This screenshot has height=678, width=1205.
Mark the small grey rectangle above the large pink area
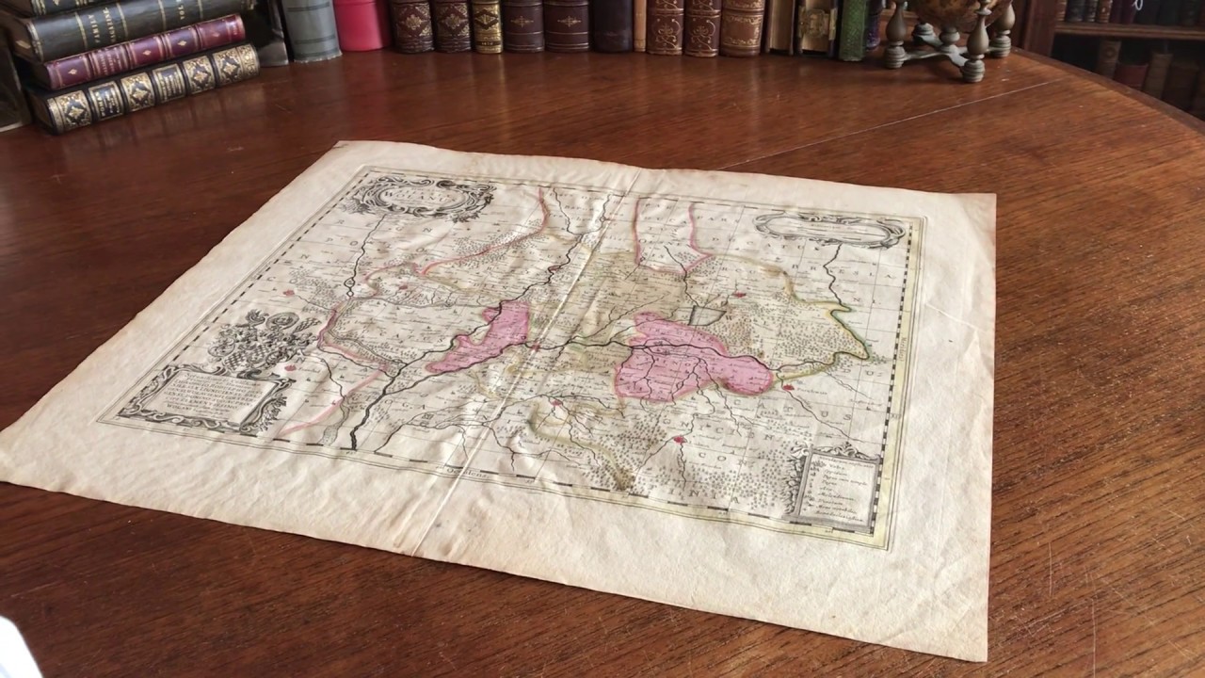[706, 316]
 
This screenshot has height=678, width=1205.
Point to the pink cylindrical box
[361, 24]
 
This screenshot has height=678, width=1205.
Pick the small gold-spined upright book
[486, 25]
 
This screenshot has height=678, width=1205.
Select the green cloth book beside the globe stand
[853, 30]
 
